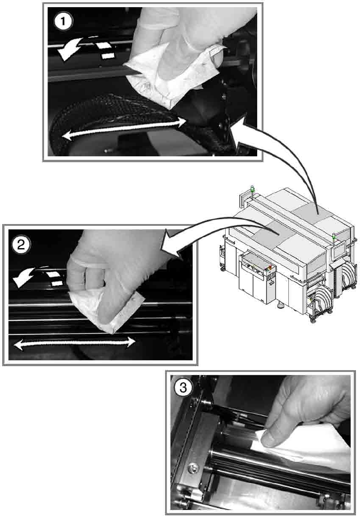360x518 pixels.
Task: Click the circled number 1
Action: (63, 22)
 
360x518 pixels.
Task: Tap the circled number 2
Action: (21, 245)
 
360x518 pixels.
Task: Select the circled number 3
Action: (183, 387)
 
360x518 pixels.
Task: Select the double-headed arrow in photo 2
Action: (75, 343)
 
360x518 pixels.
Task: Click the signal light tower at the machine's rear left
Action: (253, 191)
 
